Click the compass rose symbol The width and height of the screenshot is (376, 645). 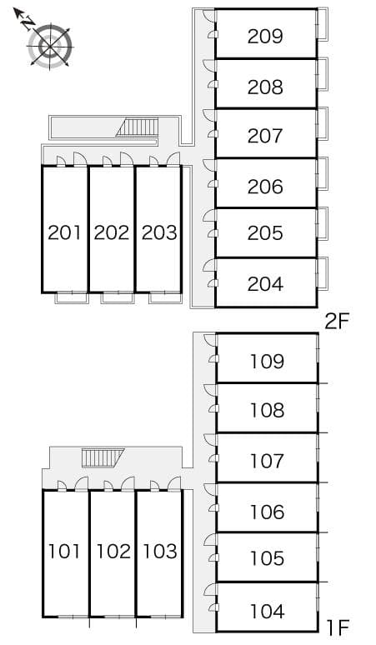(50, 45)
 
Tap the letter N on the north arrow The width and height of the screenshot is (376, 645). (28, 22)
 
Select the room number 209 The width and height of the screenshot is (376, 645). (265, 37)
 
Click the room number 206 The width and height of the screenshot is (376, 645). (265, 187)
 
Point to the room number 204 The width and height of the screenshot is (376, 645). (265, 284)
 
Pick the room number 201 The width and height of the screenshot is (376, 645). (64, 232)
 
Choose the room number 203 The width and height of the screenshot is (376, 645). (159, 232)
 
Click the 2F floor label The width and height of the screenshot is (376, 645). (337, 322)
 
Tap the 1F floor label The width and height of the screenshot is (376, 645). (338, 627)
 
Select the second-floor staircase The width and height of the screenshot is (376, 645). (138, 127)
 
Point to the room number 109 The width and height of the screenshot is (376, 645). (268, 362)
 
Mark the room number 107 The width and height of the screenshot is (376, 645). (268, 461)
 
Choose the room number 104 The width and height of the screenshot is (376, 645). (268, 612)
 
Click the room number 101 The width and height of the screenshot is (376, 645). (64, 551)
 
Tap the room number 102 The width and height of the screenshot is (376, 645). (113, 551)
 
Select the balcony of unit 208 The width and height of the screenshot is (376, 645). (323, 74)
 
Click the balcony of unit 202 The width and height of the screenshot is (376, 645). (118, 297)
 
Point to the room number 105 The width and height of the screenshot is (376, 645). (268, 558)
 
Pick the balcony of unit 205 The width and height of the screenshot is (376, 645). (323, 223)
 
